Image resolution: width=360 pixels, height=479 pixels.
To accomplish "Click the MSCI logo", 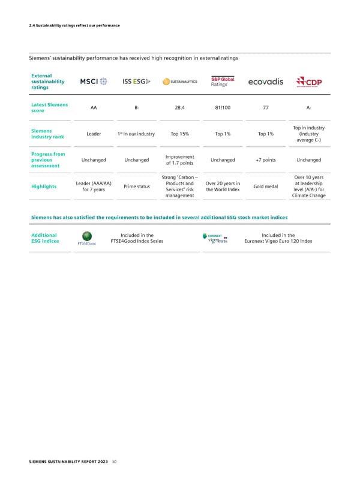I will tap(94, 82).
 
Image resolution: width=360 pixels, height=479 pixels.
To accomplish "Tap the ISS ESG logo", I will tap(137, 82).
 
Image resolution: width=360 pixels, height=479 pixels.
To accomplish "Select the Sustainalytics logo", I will tap(179, 83).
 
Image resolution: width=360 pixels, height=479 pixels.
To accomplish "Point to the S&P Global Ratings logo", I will tap(222, 82).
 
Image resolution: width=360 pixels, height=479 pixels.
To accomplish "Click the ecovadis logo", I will tap(265, 82).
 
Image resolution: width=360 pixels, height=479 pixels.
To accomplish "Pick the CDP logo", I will tap(309, 83).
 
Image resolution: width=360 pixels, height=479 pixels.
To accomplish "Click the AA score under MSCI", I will tap(94, 109).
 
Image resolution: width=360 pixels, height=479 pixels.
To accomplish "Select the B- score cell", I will tap(137, 109).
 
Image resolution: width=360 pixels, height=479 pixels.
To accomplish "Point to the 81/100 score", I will tap(222, 109).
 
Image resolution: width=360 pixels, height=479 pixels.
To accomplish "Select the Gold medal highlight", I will tap(265, 186).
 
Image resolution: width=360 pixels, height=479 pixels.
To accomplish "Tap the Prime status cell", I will tap(137, 186).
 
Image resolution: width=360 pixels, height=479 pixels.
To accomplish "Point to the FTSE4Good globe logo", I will tap(88, 237).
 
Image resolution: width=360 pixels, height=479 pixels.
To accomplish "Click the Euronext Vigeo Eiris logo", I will tap(214, 239).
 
